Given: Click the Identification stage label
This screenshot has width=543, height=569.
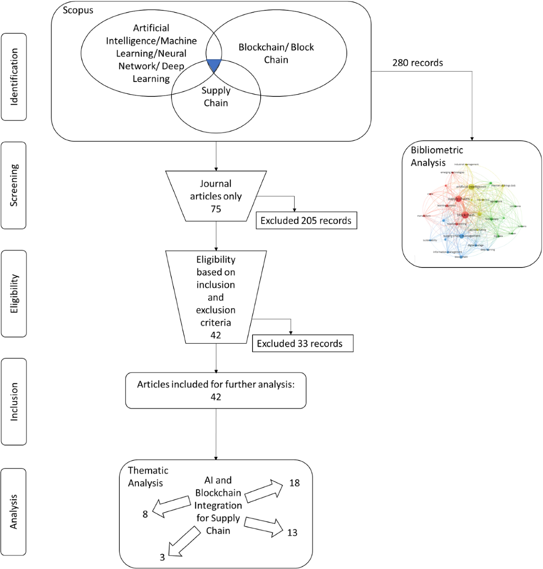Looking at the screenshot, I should (x=14, y=77).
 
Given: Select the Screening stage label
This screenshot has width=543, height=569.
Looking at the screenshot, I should (x=14, y=185).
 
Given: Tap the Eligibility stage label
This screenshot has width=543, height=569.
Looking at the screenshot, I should (x=14, y=293).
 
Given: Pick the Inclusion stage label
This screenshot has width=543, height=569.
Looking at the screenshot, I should (x=14, y=402).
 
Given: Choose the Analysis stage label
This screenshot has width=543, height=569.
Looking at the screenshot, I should (x=14, y=512).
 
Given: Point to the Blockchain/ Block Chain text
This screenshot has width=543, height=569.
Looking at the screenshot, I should (x=276, y=53).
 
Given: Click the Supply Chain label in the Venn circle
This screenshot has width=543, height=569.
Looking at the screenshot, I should (x=216, y=97).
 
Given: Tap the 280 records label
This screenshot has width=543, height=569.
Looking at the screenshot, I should (x=417, y=63).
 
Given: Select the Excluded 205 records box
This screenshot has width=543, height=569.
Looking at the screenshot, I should (x=306, y=220).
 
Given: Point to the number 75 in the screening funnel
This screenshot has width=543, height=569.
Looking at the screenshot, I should (x=216, y=209).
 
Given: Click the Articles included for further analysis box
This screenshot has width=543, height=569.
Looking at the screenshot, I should (x=216, y=390).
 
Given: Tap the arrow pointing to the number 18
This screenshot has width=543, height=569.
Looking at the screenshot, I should (x=264, y=491).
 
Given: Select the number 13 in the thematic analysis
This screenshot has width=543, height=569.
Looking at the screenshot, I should (x=292, y=533).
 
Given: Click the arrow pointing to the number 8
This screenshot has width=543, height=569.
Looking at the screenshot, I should (x=171, y=507).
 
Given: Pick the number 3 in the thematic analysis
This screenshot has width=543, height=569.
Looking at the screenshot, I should (x=162, y=557).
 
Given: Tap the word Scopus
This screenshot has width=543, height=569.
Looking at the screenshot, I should (x=78, y=10).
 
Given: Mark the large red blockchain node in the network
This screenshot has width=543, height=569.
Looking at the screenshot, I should (x=465, y=215).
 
